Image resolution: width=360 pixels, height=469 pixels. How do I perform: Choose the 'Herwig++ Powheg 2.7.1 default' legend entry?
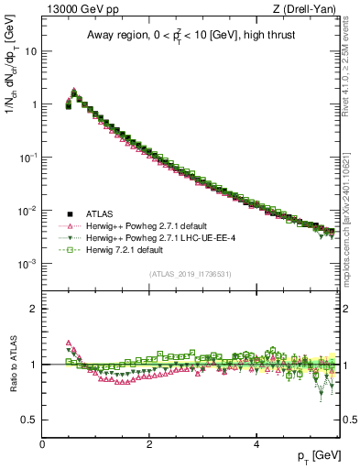click(x=144, y=225)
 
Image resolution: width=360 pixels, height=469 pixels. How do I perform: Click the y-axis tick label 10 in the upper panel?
click(x=31, y=51)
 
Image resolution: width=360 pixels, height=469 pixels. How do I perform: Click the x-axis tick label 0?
click(x=42, y=444)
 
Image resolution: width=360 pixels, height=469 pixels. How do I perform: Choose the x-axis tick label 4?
click(x=256, y=444)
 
